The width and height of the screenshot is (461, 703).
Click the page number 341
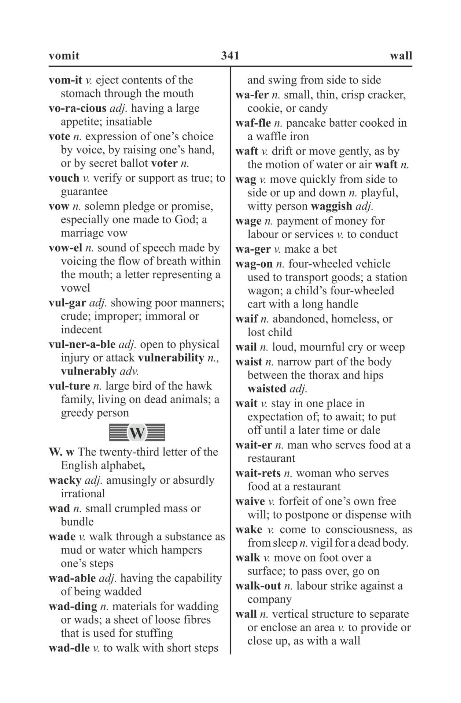tap(230, 56)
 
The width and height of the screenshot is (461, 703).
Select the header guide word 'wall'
tap(401, 56)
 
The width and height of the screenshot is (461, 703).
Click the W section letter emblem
tap(137, 433)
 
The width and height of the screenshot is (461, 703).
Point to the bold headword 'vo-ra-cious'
tap(77, 108)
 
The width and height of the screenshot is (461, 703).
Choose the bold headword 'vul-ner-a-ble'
tap(82, 345)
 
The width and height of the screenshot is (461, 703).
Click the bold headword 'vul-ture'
tap(69, 386)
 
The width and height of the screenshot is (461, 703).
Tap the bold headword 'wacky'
tap(65, 480)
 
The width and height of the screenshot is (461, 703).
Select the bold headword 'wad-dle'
tap(69, 648)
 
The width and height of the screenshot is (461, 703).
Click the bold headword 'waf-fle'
tap(253, 123)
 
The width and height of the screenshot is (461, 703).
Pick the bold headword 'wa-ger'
tap(253, 249)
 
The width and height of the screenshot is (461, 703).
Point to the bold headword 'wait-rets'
tap(258, 473)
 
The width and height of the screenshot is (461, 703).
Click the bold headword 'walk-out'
tap(258, 586)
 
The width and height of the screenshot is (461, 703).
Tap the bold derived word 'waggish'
tap(331, 207)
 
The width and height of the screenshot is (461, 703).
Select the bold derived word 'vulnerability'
tap(171, 358)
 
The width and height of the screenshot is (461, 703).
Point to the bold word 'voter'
tap(164, 163)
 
